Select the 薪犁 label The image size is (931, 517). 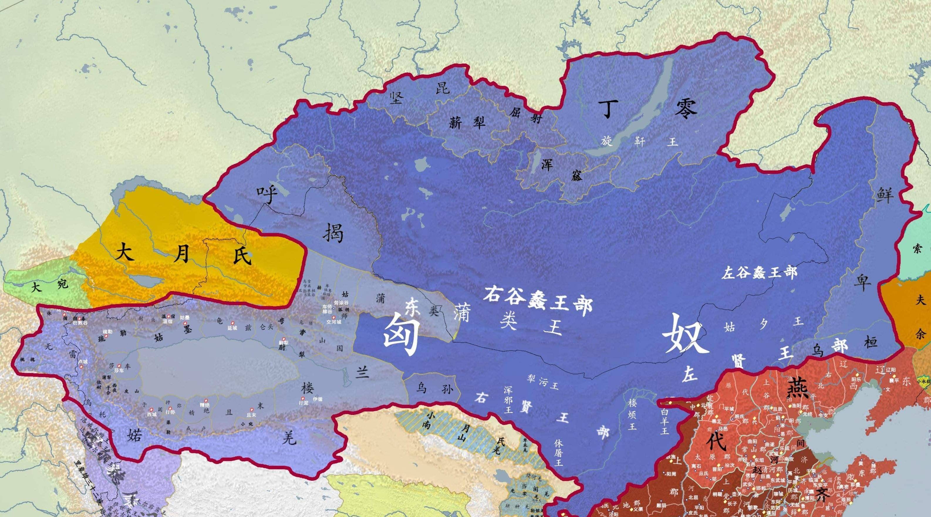coord(466,124)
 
